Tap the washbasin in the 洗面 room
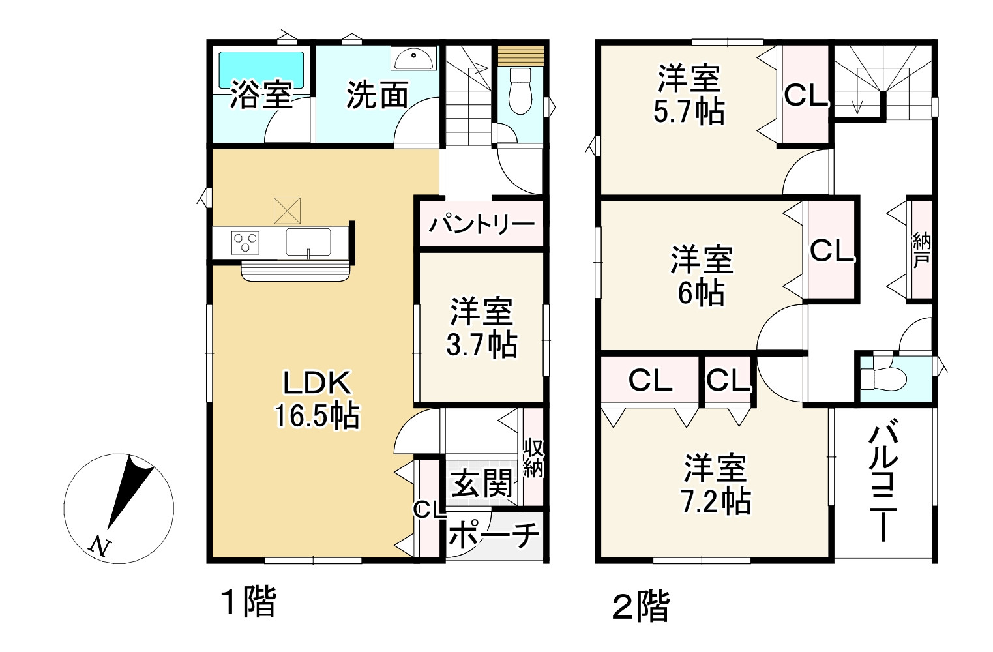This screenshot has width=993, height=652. pos(413,59)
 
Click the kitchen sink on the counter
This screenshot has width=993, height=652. pos(308,242)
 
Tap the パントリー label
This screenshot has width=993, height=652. pos(481,224)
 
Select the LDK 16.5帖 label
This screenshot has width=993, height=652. pos(317,399)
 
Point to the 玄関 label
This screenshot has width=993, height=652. pos(482,484)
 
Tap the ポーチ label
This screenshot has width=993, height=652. pos(495,536)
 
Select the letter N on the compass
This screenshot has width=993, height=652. pos(99,545)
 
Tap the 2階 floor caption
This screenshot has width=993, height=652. pos(640,606)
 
